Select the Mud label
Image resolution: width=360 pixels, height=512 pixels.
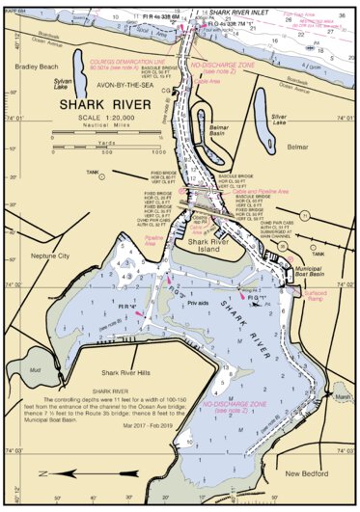click(36, 370)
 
